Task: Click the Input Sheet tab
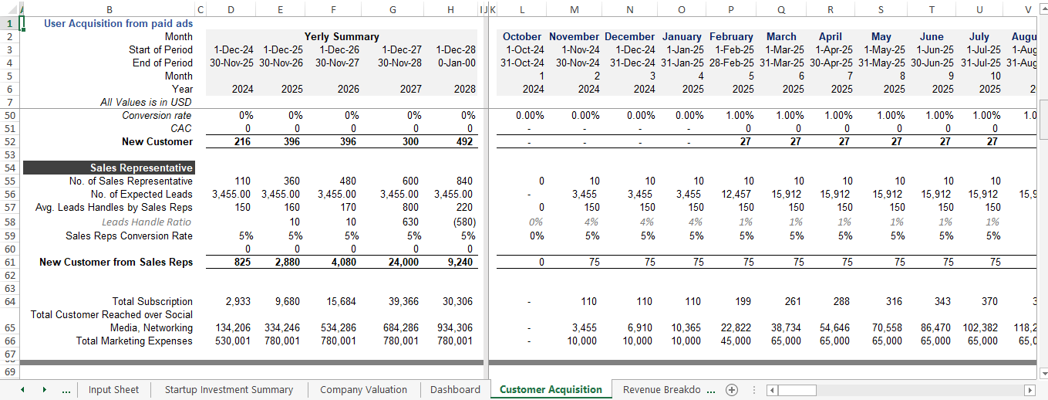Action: pos(113,390)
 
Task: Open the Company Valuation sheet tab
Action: pos(363,390)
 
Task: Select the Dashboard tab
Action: pos(455,390)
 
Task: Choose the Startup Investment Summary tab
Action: pos(229,390)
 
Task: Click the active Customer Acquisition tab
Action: pos(551,390)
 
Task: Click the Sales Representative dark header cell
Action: pos(109,168)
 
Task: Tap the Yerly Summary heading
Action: pos(342,37)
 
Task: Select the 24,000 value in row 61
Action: pos(403,263)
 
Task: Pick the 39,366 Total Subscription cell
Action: pos(403,302)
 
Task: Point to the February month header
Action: pos(731,37)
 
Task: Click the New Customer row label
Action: pos(157,142)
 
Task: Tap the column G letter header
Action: pos(393,9)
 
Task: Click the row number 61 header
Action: pos(10,263)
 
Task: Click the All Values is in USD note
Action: pos(147,103)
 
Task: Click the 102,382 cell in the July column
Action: pos(980,328)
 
